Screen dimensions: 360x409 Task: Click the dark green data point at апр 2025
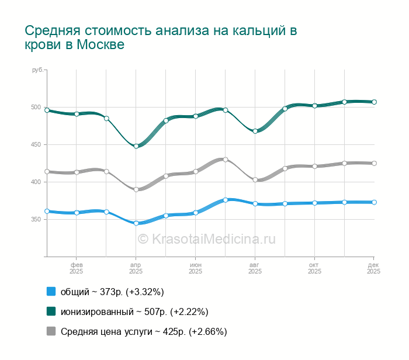click(x=136, y=146)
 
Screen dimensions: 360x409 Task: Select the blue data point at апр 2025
click(x=136, y=223)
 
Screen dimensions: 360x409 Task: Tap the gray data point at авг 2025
click(x=255, y=180)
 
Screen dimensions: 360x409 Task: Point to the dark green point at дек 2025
click(x=374, y=102)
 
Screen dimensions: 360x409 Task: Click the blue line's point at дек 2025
click(x=374, y=202)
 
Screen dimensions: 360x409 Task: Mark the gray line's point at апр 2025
click(x=136, y=189)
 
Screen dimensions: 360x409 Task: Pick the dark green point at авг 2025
click(x=255, y=131)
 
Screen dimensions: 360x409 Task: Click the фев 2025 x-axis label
click(x=76, y=268)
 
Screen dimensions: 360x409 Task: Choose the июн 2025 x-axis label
click(x=195, y=268)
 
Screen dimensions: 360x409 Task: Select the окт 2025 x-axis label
click(x=314, y=268)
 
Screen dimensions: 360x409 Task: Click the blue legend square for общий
click(x=51, y=292)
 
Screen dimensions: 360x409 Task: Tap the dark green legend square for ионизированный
click(x=51, y=311)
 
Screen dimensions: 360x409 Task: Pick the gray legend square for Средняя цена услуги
click(x=51, y=331)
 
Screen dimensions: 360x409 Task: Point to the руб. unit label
click(x=37, y=70)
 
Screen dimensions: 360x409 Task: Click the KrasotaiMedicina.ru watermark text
click(x=206, y=239)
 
